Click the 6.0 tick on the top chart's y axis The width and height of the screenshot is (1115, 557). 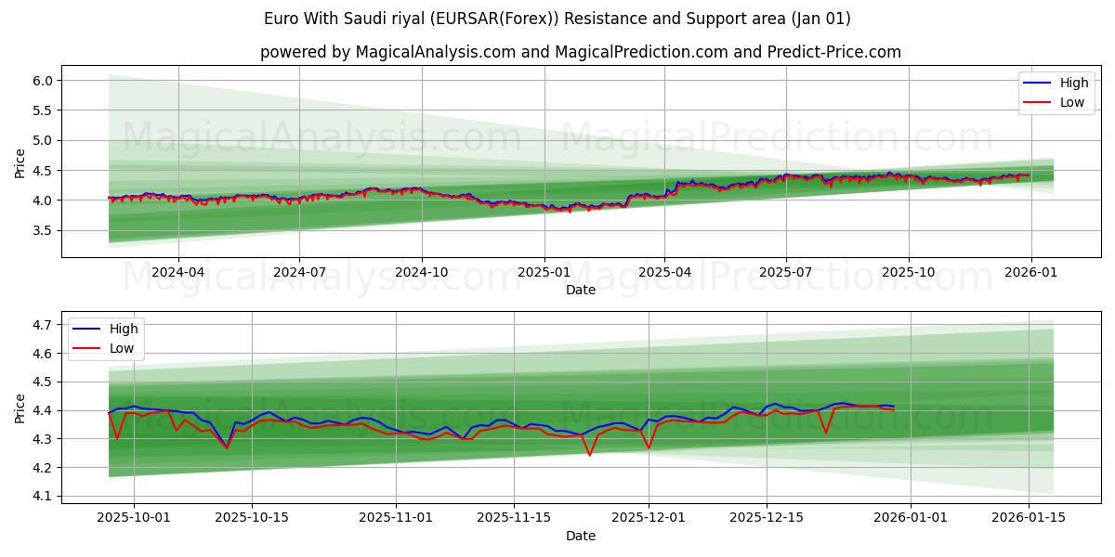pos(42,81)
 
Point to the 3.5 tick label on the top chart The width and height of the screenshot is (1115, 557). pos(42,230)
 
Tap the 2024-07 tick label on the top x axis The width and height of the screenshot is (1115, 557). pos(299,273)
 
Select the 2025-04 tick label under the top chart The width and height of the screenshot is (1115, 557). pos(664,273)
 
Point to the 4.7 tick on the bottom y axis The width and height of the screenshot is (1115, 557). pos(42,325)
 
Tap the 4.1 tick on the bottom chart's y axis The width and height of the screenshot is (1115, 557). pos(42,496)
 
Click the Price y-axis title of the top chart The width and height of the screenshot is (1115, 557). pos(20,163)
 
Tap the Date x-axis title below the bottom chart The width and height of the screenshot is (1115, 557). pos(581,536)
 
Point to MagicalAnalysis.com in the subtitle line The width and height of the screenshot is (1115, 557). pos(435,52)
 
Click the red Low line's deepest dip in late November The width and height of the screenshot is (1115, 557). pos(589,455)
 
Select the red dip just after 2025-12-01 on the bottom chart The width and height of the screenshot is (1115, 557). pos(649,448)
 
